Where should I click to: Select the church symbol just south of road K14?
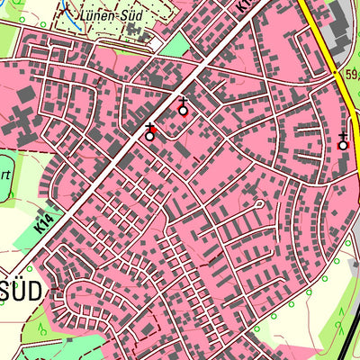coord(150,136)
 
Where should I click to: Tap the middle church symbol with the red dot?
coord(184,111)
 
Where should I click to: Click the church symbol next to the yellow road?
coord(343,144)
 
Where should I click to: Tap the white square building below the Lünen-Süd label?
coord(156,43)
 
